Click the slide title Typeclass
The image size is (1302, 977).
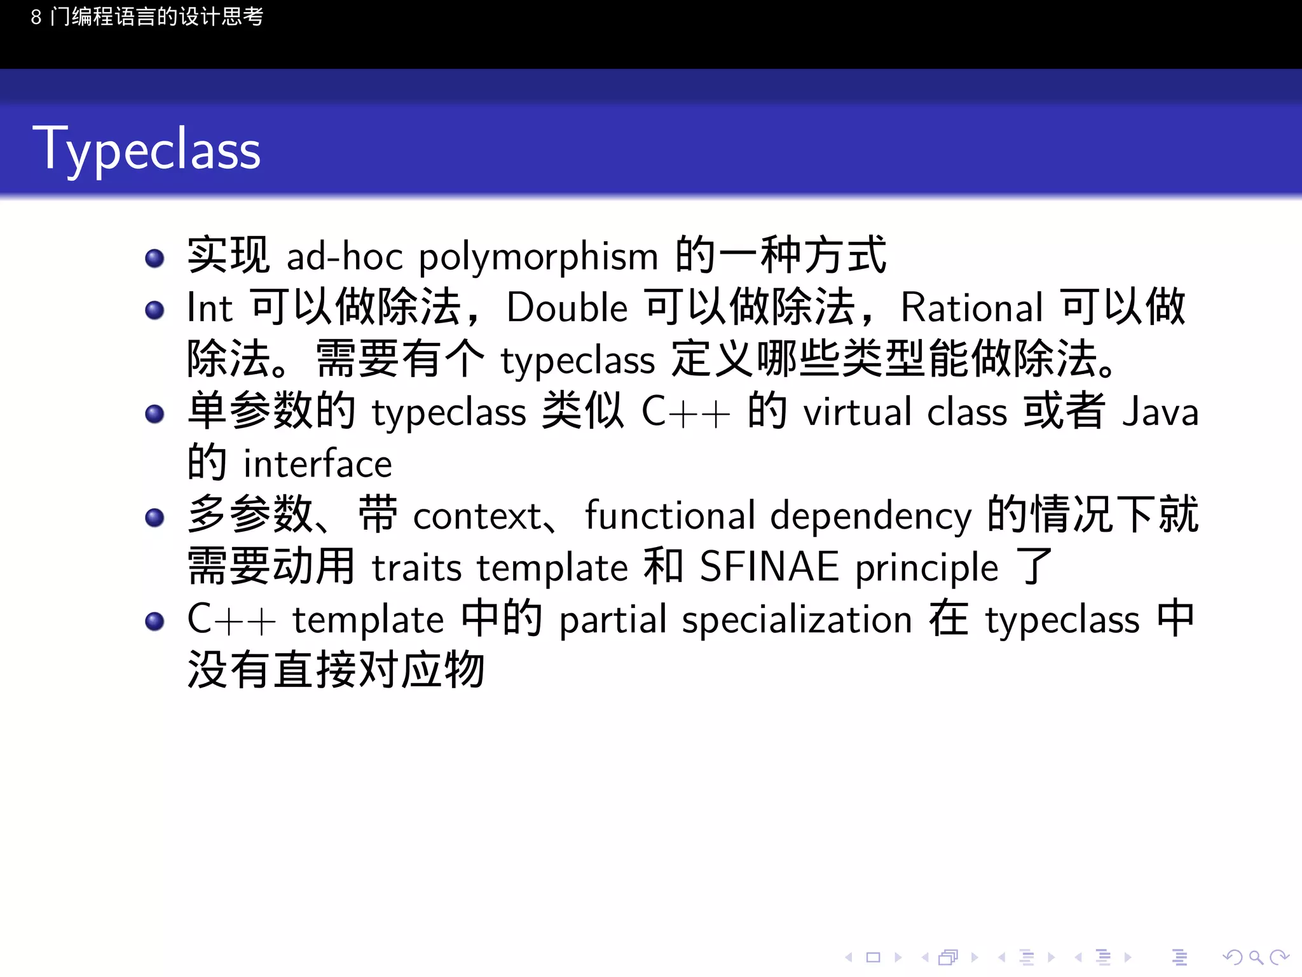pyautogui.click(x=146, y=149)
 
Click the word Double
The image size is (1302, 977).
pyautogui.click(x=567, y=308)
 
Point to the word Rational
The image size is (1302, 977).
pyautogui.click(x=971, y=308)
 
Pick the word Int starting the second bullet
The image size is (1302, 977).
pyautogui.click(x=210, y=308)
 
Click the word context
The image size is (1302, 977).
pyautogui.click(x=477, y=516)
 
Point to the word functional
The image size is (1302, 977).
pyautogui.click(x=669, y=515)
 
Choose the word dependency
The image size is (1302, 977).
pyautogui.click(x=871, y=516)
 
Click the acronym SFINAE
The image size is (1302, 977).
pyautogui.click(x=769, y=567)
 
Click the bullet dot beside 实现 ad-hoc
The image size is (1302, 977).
pyautogui.click(x=154, y=258)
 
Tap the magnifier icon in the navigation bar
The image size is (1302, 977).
pyautogui.click(x=1256, y=957)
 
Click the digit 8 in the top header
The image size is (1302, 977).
pyautogui.click(x=36, y=17)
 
